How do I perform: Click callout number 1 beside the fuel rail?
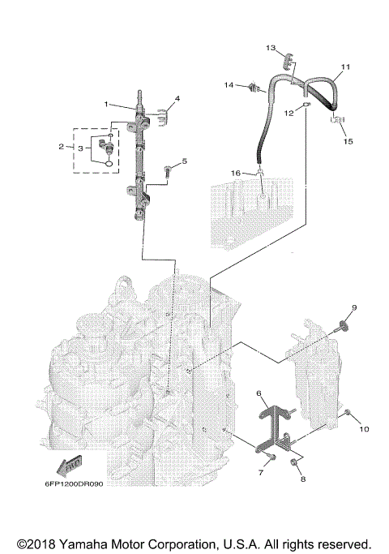coord(106,104)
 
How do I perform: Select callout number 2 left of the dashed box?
coord(62,146)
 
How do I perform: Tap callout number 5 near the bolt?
coord(184,161)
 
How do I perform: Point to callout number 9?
coord(354,307)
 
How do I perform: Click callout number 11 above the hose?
coord(345,67)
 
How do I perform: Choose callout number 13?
coord(271,48)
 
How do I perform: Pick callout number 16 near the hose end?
coord(236,173)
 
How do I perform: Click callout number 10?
coord(364,429)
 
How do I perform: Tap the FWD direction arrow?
coord(70,466)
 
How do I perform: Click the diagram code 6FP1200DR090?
coord(74,483)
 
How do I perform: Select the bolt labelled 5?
coord(167,172)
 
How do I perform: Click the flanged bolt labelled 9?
coord(341,326)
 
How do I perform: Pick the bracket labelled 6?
coord(274,429)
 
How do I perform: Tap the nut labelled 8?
coord(293,462)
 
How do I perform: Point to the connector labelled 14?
coord(253,88)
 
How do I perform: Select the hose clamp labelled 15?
coord(337,120)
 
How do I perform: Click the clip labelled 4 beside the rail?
coord(161,118)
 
